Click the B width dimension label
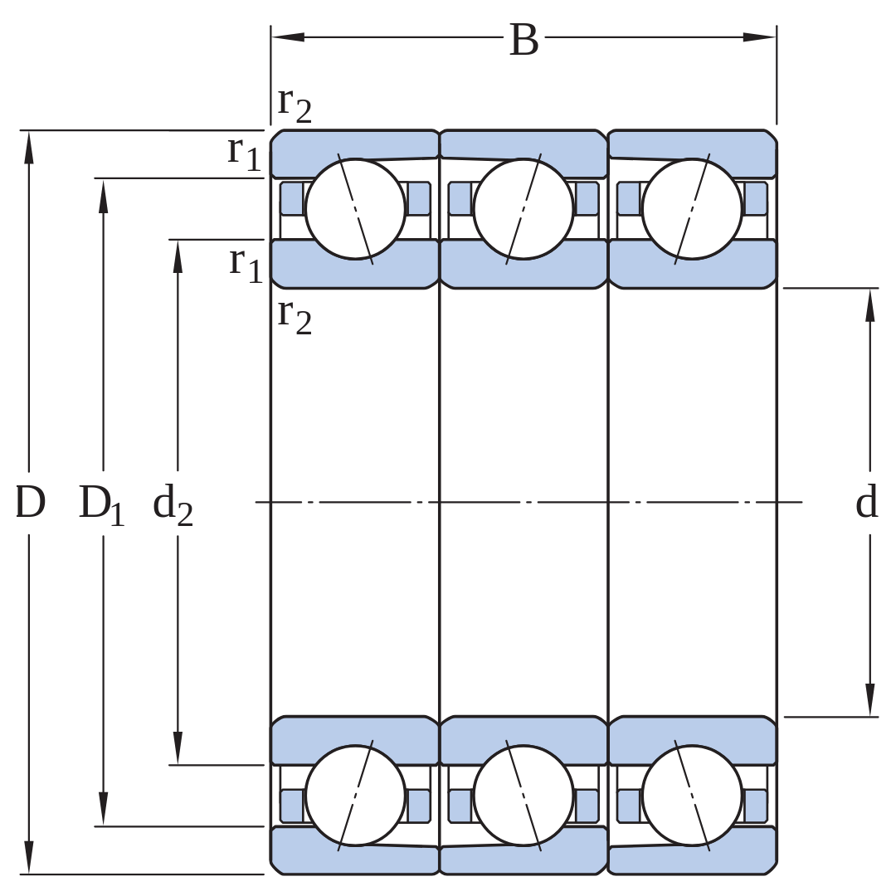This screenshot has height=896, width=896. (524, 41)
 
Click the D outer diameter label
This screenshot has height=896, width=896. (30, 502)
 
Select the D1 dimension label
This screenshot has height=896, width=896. (101, 505)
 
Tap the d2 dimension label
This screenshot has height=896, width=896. (173, 505)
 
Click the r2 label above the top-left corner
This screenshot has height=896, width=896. (295, 105)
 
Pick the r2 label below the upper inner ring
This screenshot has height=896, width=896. (295, 316)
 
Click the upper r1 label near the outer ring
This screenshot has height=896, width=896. (244, 153)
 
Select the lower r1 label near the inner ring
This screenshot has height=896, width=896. (246, 265)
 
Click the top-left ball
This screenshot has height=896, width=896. (355, 209)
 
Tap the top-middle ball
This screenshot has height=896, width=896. (523, 209)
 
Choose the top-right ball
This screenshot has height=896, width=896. (692, 209)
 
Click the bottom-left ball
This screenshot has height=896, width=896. (355, 796)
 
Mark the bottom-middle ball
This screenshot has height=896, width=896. (523, 796)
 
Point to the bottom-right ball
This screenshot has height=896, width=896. (692, 796)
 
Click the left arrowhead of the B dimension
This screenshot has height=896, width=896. (288, 37)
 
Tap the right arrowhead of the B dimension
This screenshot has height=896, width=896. (759, 37)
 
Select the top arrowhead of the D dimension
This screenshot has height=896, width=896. (29, 148)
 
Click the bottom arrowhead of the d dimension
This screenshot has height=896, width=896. (869, 699)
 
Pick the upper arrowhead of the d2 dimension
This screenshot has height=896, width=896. (178, 256)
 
